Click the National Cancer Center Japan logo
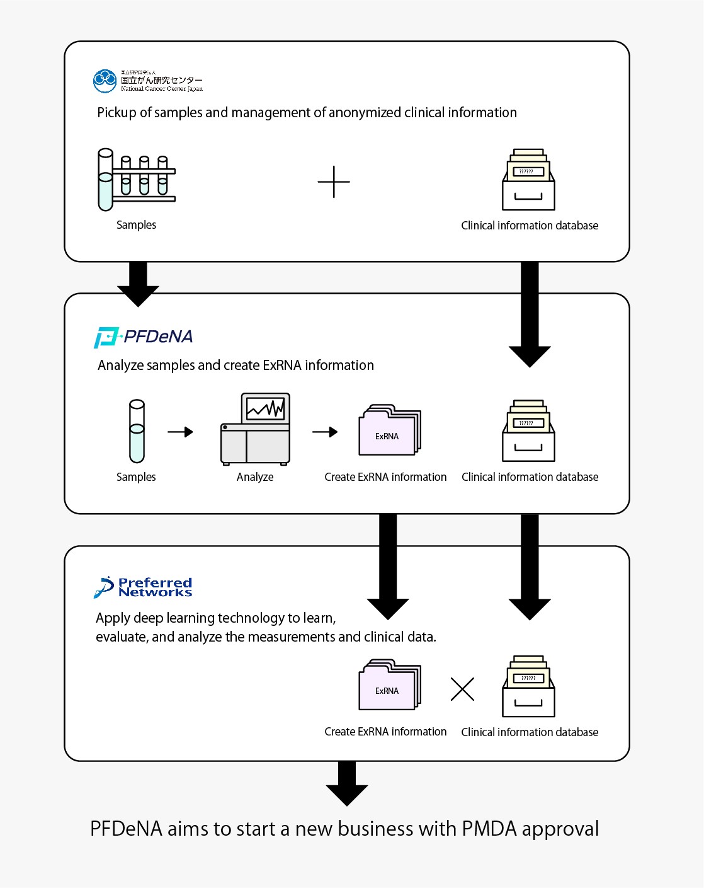[148, 81]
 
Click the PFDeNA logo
[144, 337]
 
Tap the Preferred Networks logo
[144, 587]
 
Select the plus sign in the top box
[334, 182]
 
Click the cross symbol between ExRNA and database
[462, 689]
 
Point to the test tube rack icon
[137, 180]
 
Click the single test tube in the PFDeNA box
[137, 432]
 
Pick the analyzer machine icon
[256, 429]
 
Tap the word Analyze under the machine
[255, 477]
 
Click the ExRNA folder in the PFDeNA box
[389, 431]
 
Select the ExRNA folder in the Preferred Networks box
[389, 686]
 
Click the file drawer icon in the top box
[528, 180]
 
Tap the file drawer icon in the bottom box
[528, 687]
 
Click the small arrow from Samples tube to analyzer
[180, 432]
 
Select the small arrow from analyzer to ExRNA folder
[325, 432]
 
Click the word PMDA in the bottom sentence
[489, 829]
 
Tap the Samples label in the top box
[136, 225]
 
